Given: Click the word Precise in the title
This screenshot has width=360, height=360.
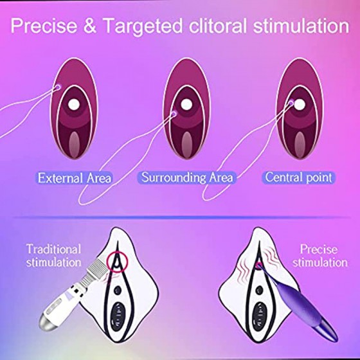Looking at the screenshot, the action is (44, 25).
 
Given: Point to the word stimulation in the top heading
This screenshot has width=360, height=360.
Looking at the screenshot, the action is (301, 25).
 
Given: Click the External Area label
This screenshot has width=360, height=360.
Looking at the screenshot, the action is (75, 178).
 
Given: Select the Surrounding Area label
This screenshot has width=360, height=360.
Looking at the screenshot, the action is (187, 177).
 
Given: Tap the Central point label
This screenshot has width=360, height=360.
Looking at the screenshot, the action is (298, 177).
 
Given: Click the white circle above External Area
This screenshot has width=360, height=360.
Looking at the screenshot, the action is (74, 105).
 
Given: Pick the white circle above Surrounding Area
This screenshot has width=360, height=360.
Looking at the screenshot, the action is (186, 105).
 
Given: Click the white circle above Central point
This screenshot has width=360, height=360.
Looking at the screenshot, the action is (300, 105).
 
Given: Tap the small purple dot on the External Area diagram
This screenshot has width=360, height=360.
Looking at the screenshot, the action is (58, 87).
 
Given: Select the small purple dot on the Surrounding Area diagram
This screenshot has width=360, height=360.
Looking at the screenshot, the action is (174, 113).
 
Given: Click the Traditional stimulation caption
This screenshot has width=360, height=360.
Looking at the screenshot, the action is (54, 256).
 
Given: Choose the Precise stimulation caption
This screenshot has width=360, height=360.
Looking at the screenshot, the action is (320, 256).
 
